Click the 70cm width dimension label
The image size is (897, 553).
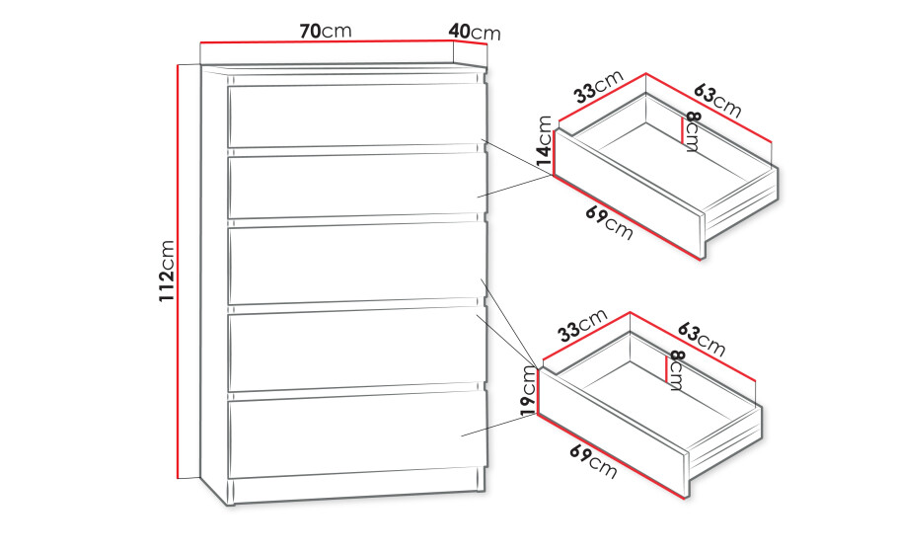click(326, 31)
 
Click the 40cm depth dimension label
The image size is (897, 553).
click(475, 32)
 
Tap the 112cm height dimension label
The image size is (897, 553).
click(167, 271)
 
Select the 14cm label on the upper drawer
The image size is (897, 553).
click(545, 141)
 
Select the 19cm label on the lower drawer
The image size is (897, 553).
click(529, 390)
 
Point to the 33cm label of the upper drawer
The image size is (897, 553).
click(599, 87)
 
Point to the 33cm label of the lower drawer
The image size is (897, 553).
click(583, 325)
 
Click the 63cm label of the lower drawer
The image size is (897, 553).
click(702, 339)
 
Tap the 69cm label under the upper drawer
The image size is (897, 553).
click(609, 223)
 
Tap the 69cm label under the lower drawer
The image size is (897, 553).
click(593, 461)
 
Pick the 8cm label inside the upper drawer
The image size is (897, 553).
click(693, 131)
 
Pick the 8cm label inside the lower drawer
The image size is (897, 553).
click(677, 370)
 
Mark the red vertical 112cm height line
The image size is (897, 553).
click(178, 272)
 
